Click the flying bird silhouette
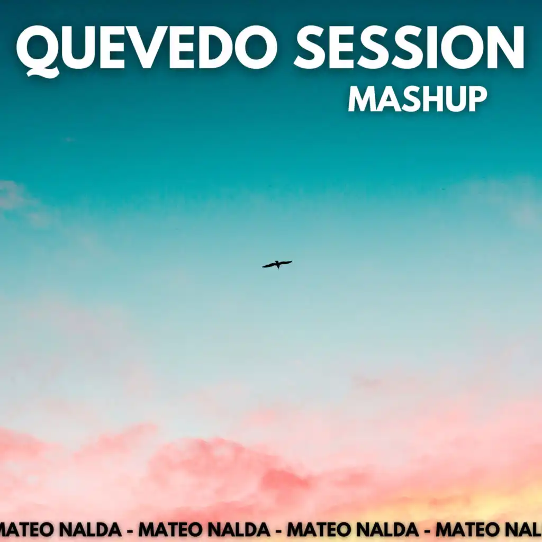coord(277,265)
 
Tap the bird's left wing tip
coord(263,267)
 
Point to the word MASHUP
coord(418,99)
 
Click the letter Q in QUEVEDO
coord(39,52)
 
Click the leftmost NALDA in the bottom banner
coord(92,529)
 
